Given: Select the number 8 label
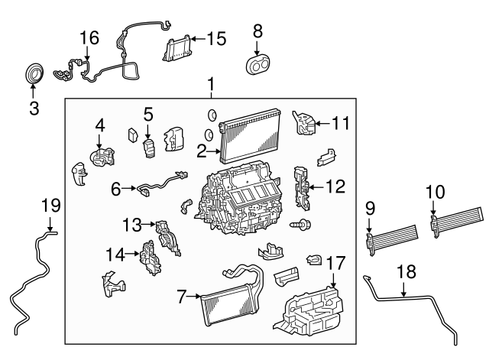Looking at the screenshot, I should pyautogui.click(x=257, y=31).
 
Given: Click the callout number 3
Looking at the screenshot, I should pyautogui.click(x=34, y=108).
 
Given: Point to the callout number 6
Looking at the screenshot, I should pyautogui.click(x=116, y=187).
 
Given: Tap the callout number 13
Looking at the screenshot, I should pyautogui.click(x=132, y=224).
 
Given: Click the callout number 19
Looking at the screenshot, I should pyautogui.click(x=50, y=205).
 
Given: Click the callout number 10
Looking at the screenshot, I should pyautogui.click(x=433, y=190).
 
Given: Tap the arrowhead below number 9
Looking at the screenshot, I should pyautogui.click(x=371, y=232).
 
